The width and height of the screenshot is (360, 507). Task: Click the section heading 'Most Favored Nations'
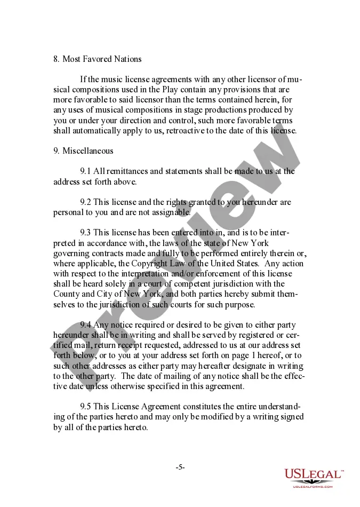pos(102,59)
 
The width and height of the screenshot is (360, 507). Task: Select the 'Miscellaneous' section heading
pos(87,150)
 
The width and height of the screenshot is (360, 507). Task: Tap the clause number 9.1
pos(85,171)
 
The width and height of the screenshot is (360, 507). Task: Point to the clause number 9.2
pos(85,202)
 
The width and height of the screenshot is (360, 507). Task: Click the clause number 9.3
pos(85,232)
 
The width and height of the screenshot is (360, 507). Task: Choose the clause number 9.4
pos(85,325)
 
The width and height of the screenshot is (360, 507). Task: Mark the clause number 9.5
pos(85,407)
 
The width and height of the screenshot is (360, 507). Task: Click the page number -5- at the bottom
pos(180,467)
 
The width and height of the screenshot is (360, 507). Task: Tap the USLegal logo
pos(314,477)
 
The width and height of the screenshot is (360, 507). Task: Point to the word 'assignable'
pos(172,212)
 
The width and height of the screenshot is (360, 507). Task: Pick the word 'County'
pos(66,294)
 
